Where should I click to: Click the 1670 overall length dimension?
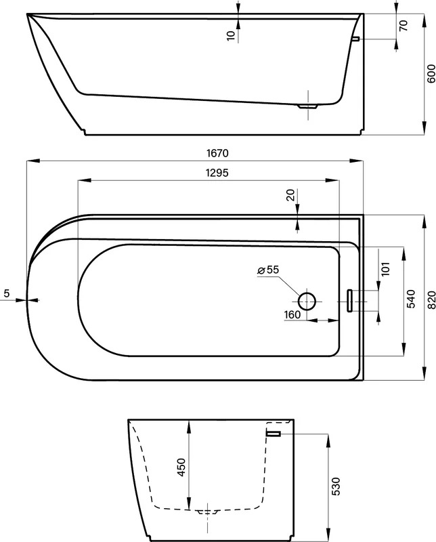click(217, 153)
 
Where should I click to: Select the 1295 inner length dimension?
click(217, 173)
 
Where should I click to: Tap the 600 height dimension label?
click(431, 74)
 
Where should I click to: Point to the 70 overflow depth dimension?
click(404, 26)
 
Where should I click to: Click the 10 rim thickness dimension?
click(231, 35)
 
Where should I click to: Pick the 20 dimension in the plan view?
click(291, 195)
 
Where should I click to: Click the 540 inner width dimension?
click(411, 299)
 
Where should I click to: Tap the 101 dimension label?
click(385, 268)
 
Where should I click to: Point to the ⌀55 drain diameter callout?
click(268, 270)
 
